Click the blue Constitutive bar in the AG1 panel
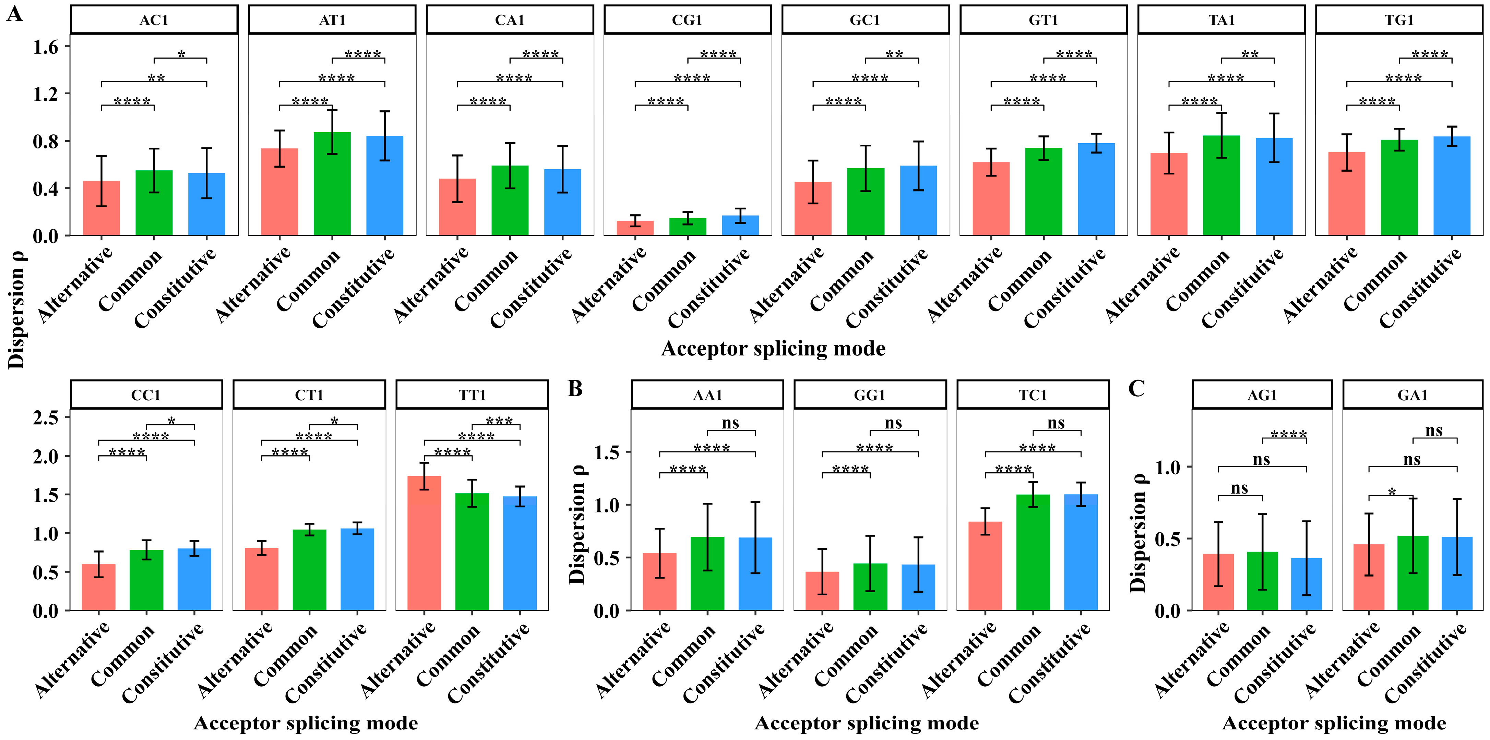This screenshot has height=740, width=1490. [x=1306, y=584]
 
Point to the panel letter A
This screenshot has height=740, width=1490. [x=14, y=14]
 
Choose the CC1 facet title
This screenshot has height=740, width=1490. [x=146, y=395]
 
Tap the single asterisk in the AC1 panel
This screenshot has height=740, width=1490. [x=181, y=55]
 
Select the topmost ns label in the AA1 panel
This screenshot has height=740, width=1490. [x=730, y=423]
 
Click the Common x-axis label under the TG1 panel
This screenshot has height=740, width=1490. [x=1375, y=281]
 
